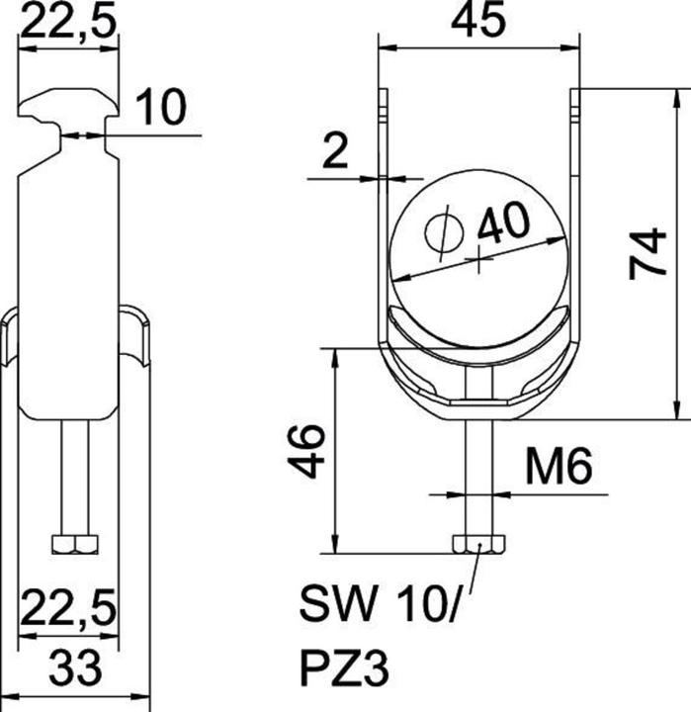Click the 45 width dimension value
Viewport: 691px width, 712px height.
(x=478, y=21)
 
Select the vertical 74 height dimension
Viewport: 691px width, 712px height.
(x=648, y=253)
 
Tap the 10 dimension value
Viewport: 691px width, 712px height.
(x=159, y=108)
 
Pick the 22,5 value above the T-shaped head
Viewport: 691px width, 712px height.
(x=67, y=21)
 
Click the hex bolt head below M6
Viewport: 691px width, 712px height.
(x=479, y=544)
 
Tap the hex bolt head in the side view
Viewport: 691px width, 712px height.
(x=74, y=544)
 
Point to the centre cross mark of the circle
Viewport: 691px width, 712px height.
(x=479, y=262)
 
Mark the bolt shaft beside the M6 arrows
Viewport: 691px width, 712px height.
(x=479, y=475)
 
